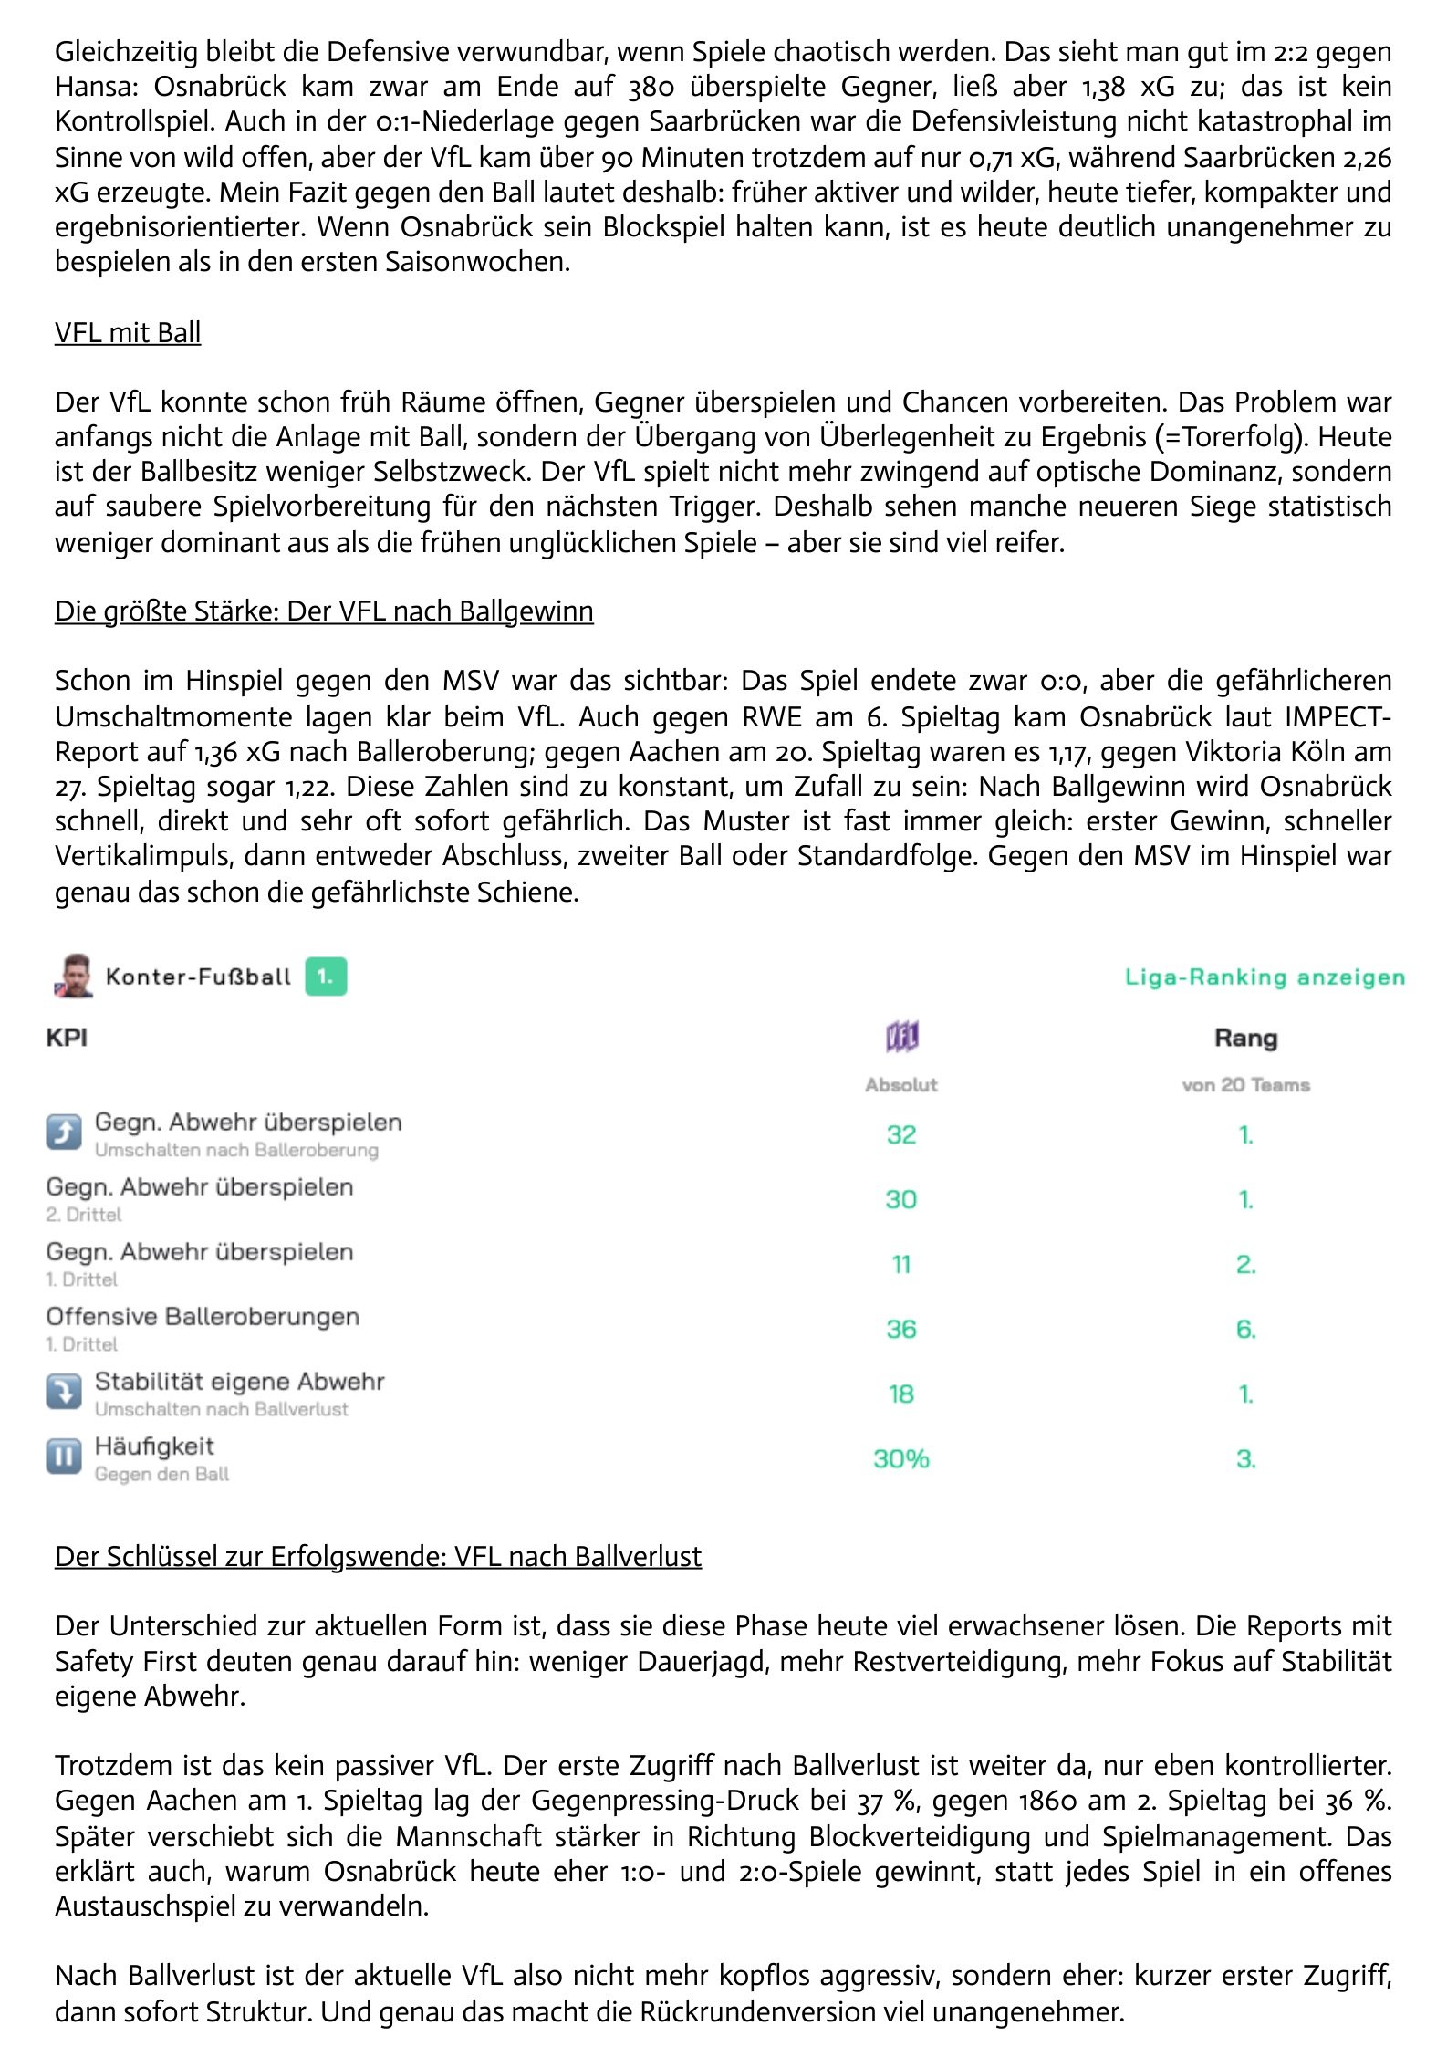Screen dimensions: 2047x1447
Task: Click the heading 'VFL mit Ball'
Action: tap(128, 332)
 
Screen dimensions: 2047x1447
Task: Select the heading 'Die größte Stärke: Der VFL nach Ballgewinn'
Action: tap(324, 611)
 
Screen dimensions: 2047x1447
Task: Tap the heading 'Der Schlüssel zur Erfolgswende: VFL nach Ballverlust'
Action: tap(378, 1555)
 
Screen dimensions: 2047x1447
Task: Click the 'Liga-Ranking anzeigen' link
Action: tap(1265, 977)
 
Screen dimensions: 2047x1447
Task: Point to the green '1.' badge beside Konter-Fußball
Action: tap(326, 977)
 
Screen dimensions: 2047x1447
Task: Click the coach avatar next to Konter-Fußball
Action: tap(74, 976)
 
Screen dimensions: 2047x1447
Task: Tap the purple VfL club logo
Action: tap(901, 1037)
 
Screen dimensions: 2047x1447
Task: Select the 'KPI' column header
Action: tap(67, 1038)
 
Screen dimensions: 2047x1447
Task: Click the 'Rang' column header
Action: tap(1245, 1038)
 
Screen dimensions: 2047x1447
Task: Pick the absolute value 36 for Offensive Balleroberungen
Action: tap(901, 1329)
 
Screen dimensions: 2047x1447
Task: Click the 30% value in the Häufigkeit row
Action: tap(901, 1458)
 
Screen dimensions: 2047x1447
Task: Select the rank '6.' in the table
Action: tap(1245, 1329)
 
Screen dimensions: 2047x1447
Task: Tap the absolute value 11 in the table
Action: tap(901, 1264)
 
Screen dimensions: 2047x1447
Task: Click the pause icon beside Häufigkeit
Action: tap(64, 1457)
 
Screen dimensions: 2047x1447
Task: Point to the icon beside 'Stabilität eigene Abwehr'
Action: tap(64, 1392)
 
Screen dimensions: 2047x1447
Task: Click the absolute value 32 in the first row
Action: tap(901, 1134)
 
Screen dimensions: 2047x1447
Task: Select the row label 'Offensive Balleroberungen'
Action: tap(203, 1316)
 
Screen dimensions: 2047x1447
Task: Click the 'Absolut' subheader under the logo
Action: tap(901, 1084)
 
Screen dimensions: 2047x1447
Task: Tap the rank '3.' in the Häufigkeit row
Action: tap(1245, 1458)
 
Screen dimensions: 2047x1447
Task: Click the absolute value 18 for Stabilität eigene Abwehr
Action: tap(901, 1394)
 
